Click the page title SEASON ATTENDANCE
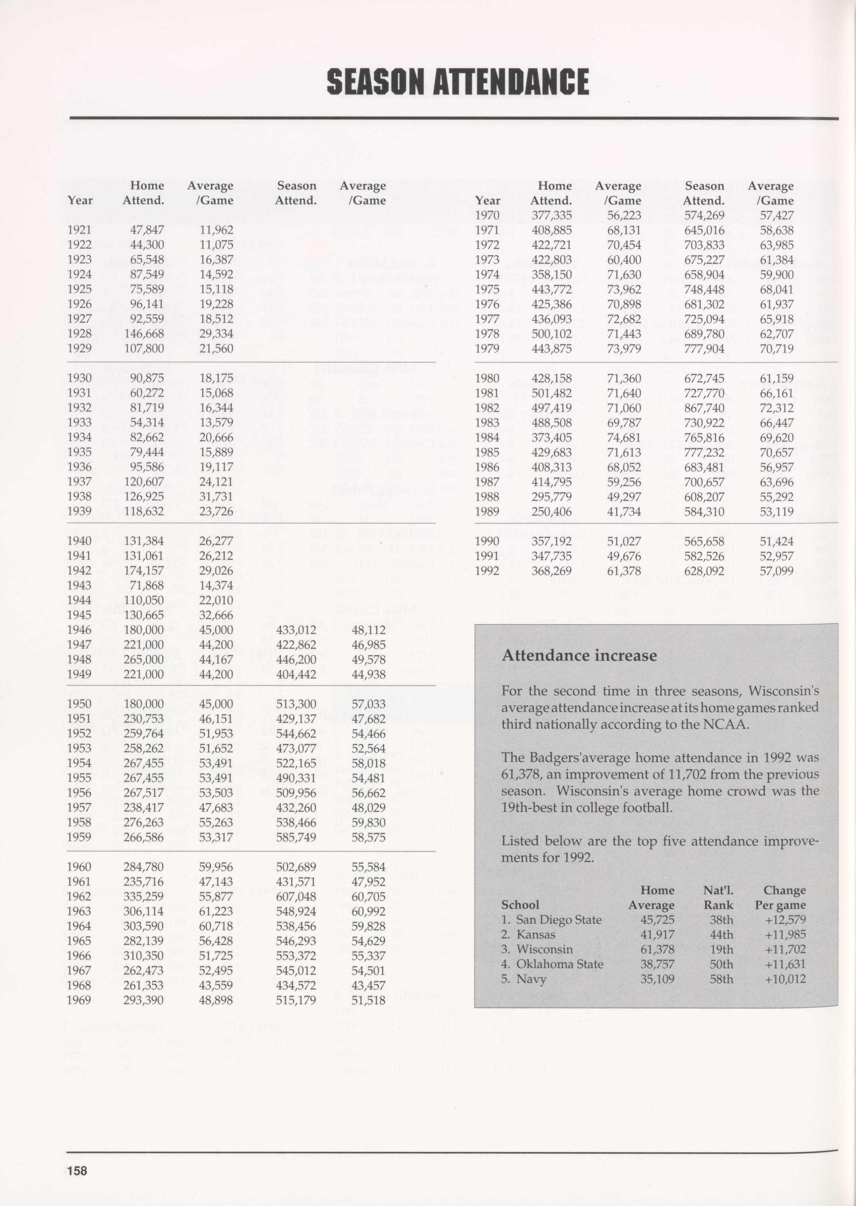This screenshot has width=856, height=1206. (x=457, y=82)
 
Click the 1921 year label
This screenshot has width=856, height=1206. (x=79, y=230)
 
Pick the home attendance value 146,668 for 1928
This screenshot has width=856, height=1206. (x=144, y=334)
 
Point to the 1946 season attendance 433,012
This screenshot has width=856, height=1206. (x=296, y=630)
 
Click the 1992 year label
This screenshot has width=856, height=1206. (x=487, y=571)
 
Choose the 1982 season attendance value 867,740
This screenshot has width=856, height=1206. (x=704, y=408)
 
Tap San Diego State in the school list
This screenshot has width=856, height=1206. (x=558, y=920)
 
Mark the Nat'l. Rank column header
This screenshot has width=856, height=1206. (x=718, y=898)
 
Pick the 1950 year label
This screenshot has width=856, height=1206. (x=79, y=704)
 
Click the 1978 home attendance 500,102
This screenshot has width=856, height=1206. (x=551, y=334)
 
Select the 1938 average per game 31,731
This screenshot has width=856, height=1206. (x=216, y=497)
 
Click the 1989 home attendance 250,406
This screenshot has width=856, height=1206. (x=551, y=511)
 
